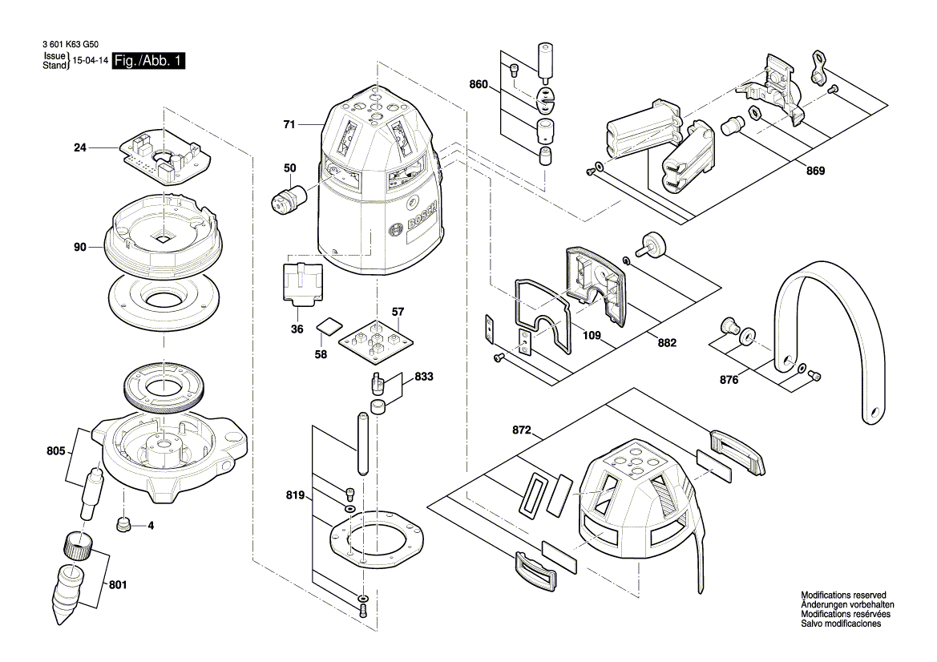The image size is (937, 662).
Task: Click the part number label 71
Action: pos(289,125)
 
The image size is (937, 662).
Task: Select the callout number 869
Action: pos(815,171)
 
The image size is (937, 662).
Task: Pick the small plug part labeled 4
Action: pos(124,524)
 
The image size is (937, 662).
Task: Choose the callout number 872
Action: pos(522,431)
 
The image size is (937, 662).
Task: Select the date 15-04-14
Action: pos(91,61)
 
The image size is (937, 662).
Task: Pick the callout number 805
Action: pos(56,451)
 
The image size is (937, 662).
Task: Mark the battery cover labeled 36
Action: pos(303,283)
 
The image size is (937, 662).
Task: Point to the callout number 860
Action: pos(479,83)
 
